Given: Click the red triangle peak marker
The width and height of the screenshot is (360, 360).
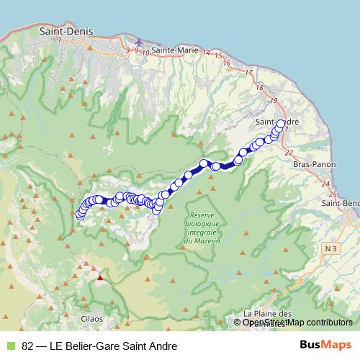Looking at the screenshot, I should point(101,275).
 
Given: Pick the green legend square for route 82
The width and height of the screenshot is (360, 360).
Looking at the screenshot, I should point(9,346).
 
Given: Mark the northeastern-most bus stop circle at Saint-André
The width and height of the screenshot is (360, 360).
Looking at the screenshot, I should point(281,123).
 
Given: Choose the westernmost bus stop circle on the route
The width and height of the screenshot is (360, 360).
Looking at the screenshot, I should point(80,215).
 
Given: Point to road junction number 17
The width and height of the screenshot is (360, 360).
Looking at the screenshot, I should point(249,72).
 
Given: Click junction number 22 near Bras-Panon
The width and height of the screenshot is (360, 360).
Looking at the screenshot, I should point(289,153).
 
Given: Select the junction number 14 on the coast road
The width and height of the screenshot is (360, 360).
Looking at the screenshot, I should point(207,53).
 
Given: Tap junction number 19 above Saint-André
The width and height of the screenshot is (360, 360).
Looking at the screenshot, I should point(274,100).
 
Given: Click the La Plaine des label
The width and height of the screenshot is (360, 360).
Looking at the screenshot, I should point(266,314).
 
